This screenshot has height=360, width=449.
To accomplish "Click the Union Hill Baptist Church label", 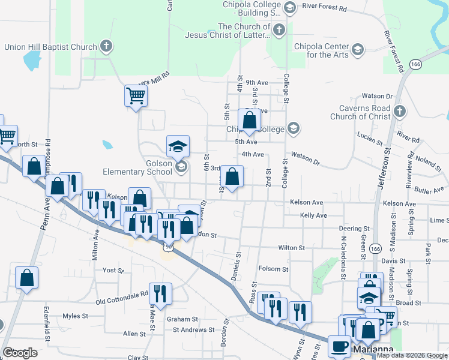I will pyautogui.click(x=50, y=47).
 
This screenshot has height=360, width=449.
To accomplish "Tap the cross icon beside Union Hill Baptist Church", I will pyautogui.click(x=106, y=46).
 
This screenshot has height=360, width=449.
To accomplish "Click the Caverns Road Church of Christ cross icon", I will pyautogui.click(x=400, y=111).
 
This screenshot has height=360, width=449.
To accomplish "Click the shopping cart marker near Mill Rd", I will pyautogui.click(x=136, y=95).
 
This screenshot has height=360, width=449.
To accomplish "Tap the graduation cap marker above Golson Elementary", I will pyautogui.click(x=178, y=145).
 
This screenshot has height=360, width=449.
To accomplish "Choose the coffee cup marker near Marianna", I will pyautogui.click(x=340, y=346).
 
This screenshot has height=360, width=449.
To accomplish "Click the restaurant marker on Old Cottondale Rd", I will pyautogui.click(x=160, y=293).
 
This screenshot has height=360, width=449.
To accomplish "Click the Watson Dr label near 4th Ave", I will pyautogui.click(x=306, y=158).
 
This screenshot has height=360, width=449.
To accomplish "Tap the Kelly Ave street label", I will pyautogui.click(x=313, y=215).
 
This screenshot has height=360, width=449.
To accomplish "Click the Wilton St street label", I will pyautogui.click(x=292, y=247).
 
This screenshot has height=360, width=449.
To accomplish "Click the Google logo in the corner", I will pyautogui.click(x=20, y=352).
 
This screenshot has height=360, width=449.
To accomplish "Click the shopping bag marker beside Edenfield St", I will pyautogui.click(x=27, y=277).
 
